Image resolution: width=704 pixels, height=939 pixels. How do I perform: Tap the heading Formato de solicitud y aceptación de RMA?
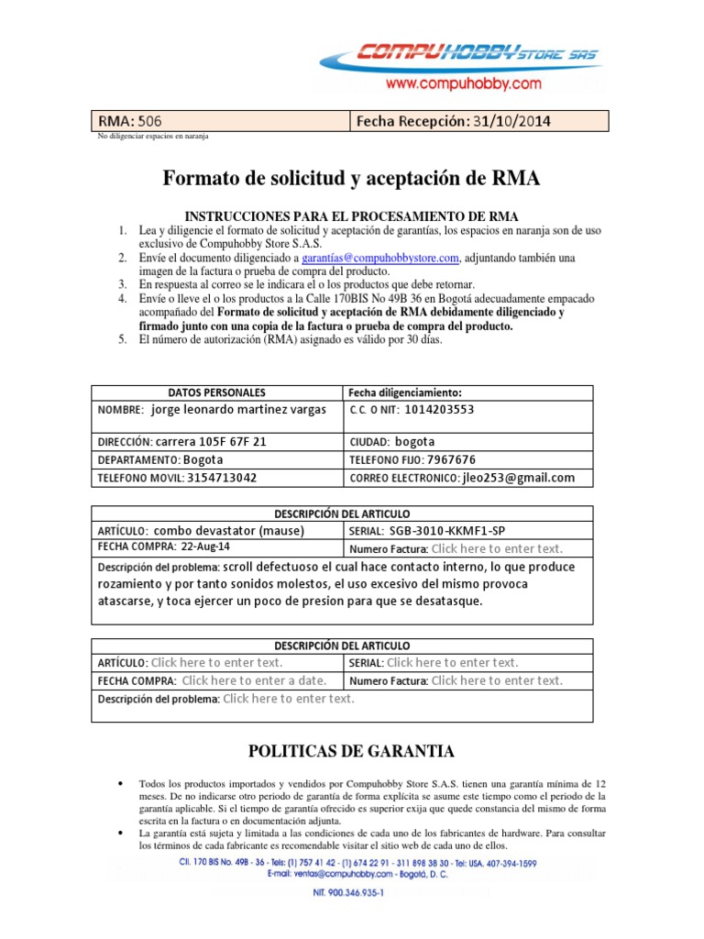[351, 179]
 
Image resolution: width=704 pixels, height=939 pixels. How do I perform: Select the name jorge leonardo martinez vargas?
[238, 410]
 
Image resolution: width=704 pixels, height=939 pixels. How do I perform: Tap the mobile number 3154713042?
[222, 478]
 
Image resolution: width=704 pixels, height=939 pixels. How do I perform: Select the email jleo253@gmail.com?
[519, 478]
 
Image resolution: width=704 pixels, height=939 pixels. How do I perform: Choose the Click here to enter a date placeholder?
[253, 680]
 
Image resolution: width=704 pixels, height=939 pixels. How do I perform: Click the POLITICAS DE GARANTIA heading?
[351, 752]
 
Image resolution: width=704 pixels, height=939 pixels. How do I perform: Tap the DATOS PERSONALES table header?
[217, 392]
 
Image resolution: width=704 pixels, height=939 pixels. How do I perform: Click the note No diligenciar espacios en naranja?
[153, 136]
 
